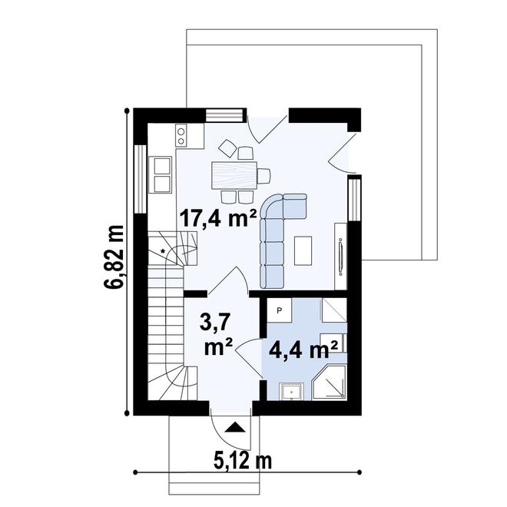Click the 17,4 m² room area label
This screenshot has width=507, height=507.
click(217, 218)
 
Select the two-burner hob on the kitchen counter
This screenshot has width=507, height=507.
click(181, 135)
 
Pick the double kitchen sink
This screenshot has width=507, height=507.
click(162, 174)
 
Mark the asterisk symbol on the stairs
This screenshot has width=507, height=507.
click(164, 251)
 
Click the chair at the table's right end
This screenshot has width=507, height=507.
click(263, 175)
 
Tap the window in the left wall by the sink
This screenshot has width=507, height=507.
click(139, 177)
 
